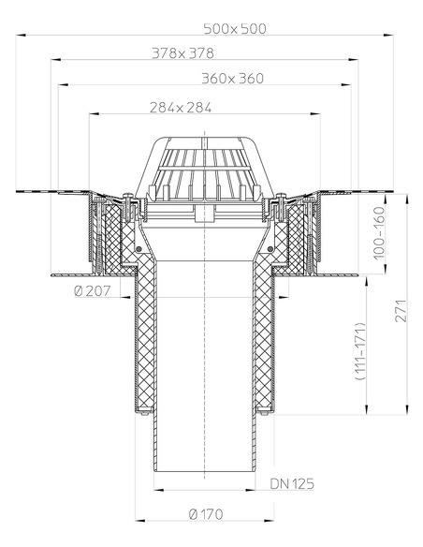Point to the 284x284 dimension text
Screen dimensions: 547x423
click(x=180, y=108)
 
